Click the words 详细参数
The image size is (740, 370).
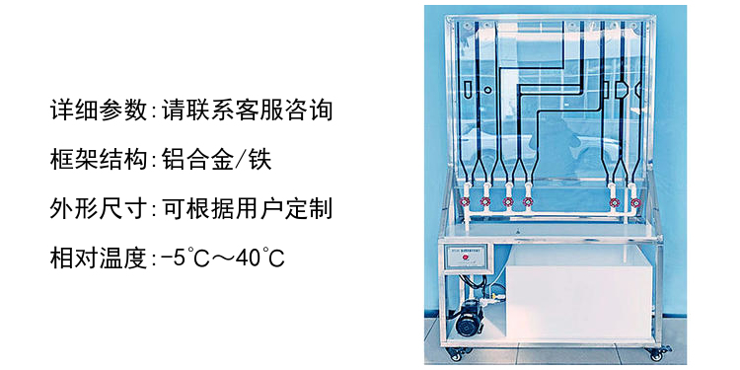pyautogui.click(x=98, y=111)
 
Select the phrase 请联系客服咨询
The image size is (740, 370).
pyautogui.click(x=248, y=111)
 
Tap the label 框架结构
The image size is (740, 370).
pyautogui.click(x=98, y=160)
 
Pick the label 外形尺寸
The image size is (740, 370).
pyautogui.click(x=98, y=208)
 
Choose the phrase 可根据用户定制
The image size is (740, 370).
pyautogui.click(x=248, y=208)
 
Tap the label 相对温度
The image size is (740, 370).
pyautogui.click(x=98, y=258)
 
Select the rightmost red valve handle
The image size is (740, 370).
pyautogui.click(x=636, y=203)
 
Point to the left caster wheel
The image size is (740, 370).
pyautogui.click(x=457, y=354)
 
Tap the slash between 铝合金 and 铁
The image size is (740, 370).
pyautogui.click(x=240, y=160)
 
